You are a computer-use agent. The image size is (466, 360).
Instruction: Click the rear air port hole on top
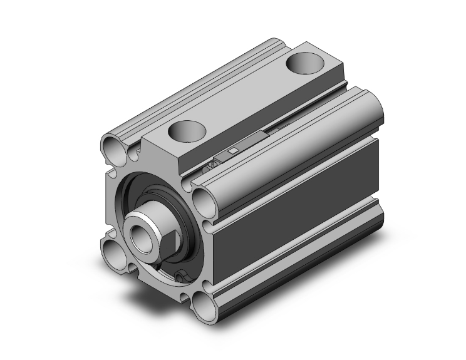308,64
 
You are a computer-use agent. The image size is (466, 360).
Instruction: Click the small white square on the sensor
233,150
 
